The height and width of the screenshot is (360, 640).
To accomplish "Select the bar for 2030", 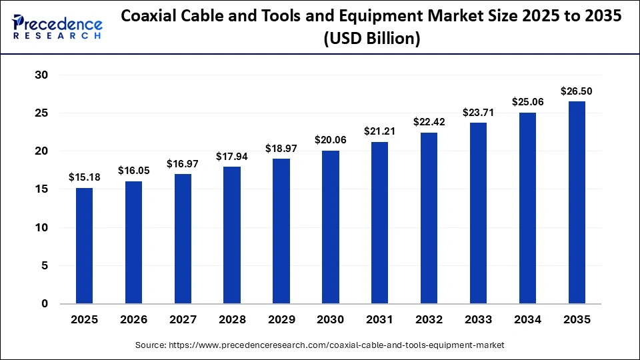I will tap(330, 227).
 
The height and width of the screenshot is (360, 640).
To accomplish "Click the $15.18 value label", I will tap(84, 177).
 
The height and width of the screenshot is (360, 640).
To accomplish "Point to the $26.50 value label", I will tap(577, 91).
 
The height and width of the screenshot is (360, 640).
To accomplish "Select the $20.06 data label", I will tap(330, 140).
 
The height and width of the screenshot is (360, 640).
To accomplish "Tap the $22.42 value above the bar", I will tap(429, 122).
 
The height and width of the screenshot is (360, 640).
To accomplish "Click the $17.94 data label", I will tap(232, 156).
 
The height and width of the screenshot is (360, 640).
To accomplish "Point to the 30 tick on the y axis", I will tap(41, 75).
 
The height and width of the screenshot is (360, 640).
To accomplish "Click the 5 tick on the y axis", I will tap(45, 265).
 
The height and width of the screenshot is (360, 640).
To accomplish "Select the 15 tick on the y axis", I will tap(41, 189).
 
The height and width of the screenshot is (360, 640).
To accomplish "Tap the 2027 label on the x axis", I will tap(183, 320).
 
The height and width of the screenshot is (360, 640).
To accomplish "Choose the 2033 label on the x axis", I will tap(478, 320).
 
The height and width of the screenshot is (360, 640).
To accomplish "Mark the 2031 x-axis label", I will tap(379, 320).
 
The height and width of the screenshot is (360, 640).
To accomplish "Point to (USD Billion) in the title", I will tap(371, 40).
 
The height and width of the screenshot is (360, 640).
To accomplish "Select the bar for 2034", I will tap(527, 208).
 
